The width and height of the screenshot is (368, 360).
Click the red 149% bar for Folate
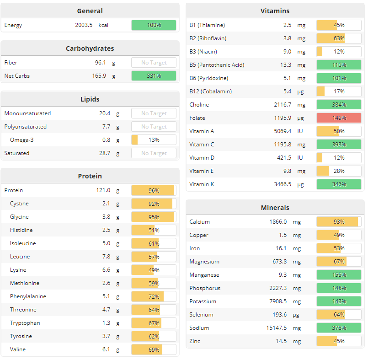click(339, 118)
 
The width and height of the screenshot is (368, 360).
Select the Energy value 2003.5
click(84, 25)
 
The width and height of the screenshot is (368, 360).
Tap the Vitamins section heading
click(275, 11)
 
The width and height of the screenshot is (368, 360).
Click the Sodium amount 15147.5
click(275, 328)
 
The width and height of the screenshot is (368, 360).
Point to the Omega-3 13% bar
click(154, 140)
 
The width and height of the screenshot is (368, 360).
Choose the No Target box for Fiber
click(154, 63)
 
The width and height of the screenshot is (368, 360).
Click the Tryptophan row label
click(25, 323)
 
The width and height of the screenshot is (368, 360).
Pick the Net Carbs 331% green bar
click(154, 76)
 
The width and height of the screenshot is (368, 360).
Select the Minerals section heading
click(275, 208)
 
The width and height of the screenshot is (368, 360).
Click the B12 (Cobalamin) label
click(210, 91)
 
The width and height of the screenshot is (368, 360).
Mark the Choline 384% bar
click(339, 105)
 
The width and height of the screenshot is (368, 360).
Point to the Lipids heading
click(90, 99)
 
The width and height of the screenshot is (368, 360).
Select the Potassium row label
click(202, 301)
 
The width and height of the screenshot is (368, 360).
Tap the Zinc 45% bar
click(339, 341)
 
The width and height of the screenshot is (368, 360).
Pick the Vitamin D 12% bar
click(339, 158)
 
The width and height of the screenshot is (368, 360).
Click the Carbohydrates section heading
click(90, 48)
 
